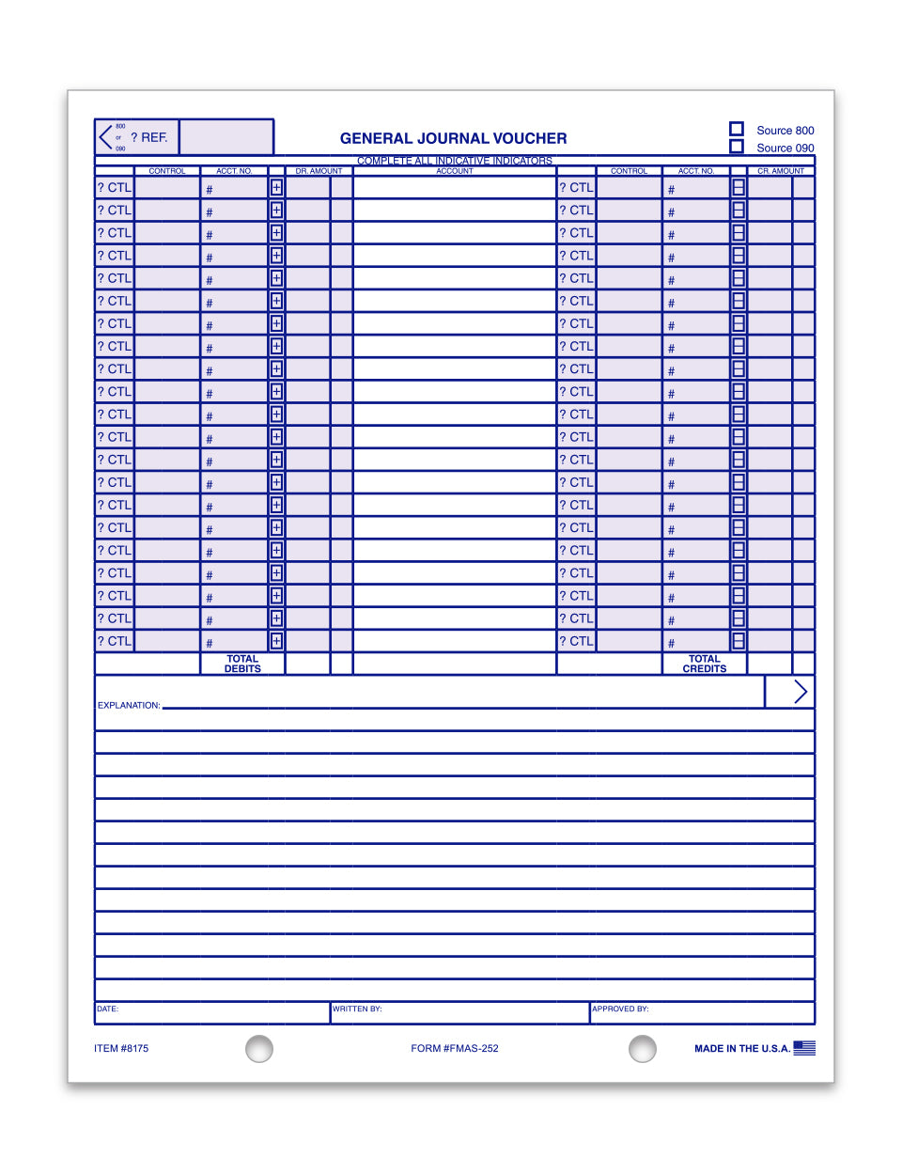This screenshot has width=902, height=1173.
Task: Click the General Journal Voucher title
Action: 453,138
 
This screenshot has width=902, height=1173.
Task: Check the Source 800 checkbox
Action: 737,129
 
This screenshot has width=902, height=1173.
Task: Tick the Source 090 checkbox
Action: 737,147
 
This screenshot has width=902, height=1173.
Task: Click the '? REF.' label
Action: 149,137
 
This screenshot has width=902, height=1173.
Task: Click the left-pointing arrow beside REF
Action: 104,137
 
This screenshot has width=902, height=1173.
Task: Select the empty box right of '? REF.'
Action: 225,137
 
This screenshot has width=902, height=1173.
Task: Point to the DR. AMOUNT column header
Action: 319,171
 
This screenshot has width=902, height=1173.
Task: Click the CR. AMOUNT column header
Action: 781,171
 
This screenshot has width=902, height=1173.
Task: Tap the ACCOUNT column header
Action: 455,171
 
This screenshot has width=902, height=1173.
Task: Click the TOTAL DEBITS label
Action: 242,664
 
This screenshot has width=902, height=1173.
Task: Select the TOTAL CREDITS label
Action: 705,664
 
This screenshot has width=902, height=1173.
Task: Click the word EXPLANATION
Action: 129,705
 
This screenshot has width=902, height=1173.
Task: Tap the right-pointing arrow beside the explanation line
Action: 800,692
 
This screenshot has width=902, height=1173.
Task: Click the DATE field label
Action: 107,1009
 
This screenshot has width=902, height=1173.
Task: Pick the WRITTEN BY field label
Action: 357,1009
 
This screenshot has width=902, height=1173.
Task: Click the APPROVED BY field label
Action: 620,1009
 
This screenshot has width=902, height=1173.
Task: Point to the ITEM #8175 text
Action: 121,1048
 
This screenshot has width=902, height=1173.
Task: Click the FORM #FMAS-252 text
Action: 455,1048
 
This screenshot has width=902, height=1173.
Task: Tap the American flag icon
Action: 804,1048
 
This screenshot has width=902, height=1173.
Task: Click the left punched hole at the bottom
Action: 259,1048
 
